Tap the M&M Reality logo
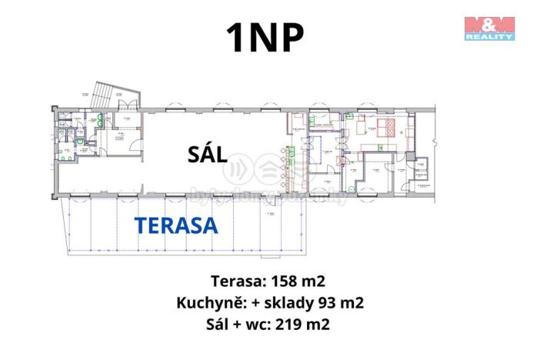click(488, 28)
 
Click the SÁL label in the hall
click(207, 154)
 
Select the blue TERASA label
click(176, 225)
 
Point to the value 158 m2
click(302, 280)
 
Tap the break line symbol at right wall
click(435, 142)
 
